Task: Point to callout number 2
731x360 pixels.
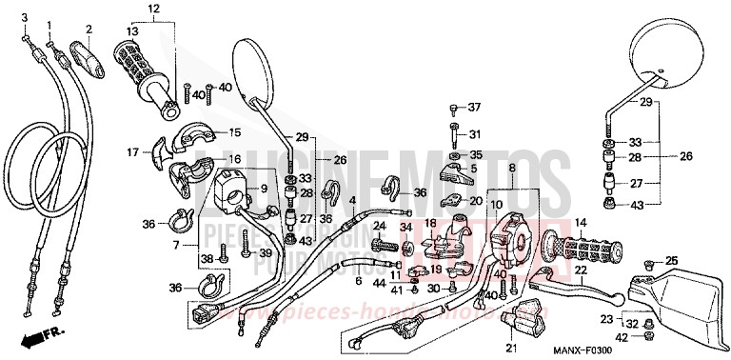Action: click(89, 28)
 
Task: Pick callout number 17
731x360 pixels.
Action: click(132, 150)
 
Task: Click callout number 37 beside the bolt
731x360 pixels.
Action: click(474, 107)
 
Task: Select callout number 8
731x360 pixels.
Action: click(538, 168)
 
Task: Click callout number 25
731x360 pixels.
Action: click(672, 260)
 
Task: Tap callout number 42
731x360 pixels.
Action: click(621, 337)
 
